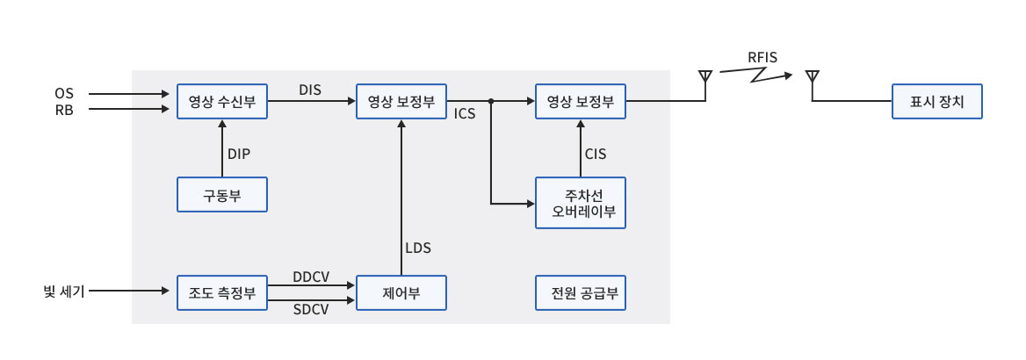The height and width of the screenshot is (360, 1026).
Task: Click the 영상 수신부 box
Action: [x=222, y=102]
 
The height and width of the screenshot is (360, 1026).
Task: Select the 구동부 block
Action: [x=222, y=194]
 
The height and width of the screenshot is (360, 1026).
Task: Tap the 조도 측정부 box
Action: [x=222, y=292]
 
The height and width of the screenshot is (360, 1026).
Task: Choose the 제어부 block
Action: [x=401, y=292]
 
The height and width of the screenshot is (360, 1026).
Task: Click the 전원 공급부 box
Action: [x=581, y=292]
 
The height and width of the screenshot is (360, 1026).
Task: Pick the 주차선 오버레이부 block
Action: [x=581, y=203]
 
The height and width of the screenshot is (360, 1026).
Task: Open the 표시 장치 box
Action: [x=936, y=102]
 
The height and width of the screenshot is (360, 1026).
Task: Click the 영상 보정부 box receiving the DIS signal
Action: [x=401, y=102]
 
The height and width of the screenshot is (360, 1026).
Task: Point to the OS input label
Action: [x=64, y=93]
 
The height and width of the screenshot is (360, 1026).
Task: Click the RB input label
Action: [x=64, y=109]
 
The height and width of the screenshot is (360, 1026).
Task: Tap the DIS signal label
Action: [x=310, y=90]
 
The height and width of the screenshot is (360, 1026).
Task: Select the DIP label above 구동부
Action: [x=239, y=154]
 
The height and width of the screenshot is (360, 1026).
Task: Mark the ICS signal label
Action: [x=466, y=114]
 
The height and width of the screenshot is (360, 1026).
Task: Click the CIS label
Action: [x=596, y=154]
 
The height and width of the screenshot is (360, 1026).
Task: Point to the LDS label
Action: [x=418, y=248]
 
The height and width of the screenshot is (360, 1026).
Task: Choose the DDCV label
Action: [x=311, y=277]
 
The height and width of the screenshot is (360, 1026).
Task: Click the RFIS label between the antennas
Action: [x=762, y=58]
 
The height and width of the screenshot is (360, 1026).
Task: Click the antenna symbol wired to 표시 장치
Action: [x=812, y=77]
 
